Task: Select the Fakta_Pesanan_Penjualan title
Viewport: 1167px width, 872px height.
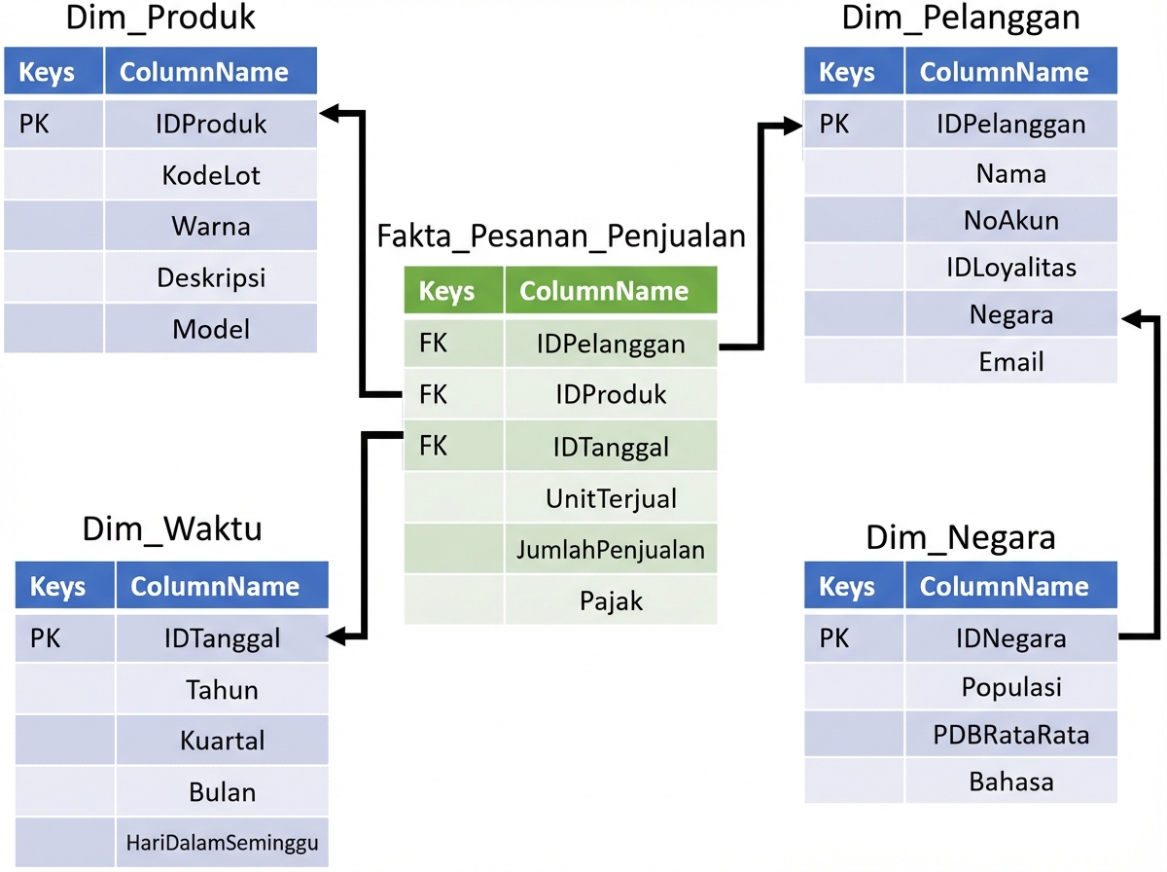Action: pyautogui.click(x=561, y=236)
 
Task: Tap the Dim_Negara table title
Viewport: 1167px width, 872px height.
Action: pyautogui.click(x=961, y=537)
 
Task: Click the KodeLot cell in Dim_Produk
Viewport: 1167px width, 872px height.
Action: pyautogui.click(x=211, y=175)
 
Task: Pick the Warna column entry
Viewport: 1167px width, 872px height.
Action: pyautogui.click(x=211, y=227)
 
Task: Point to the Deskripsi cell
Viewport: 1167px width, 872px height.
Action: pyautogui.click(x=211, y=278)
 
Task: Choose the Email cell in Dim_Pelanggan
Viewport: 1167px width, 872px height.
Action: pyautogui.click(x=1011, y=362)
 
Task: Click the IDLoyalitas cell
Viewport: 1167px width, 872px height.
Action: pyautogui.click(x=1011, y=267)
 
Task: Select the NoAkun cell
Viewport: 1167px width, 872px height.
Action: pyautogui.click(x=1011, y=220)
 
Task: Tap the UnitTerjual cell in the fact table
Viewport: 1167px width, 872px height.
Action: pyautogui.click(x=611, y=498)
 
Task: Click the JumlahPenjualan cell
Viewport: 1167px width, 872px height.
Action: pyautogui.click(x=611, y=550)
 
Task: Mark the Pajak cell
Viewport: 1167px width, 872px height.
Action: pyautogui.click(x=611, y=600)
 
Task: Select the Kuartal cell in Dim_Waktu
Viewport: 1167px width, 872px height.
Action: pyautogui.click(x=222, y=741)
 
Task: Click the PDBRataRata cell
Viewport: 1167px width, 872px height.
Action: pyautogui.click(x=1011, y=735)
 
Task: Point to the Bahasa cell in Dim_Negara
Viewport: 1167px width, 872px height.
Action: pyautogui.click(x=1011, y=781)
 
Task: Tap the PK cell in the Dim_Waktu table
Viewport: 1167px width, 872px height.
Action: pyautogui.click(x=46, y=638)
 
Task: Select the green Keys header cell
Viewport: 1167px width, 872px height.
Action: pyautogui.click(x=446, y=291)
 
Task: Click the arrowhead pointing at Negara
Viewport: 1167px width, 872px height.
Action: pyautogui.click(x=1131, y=316)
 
